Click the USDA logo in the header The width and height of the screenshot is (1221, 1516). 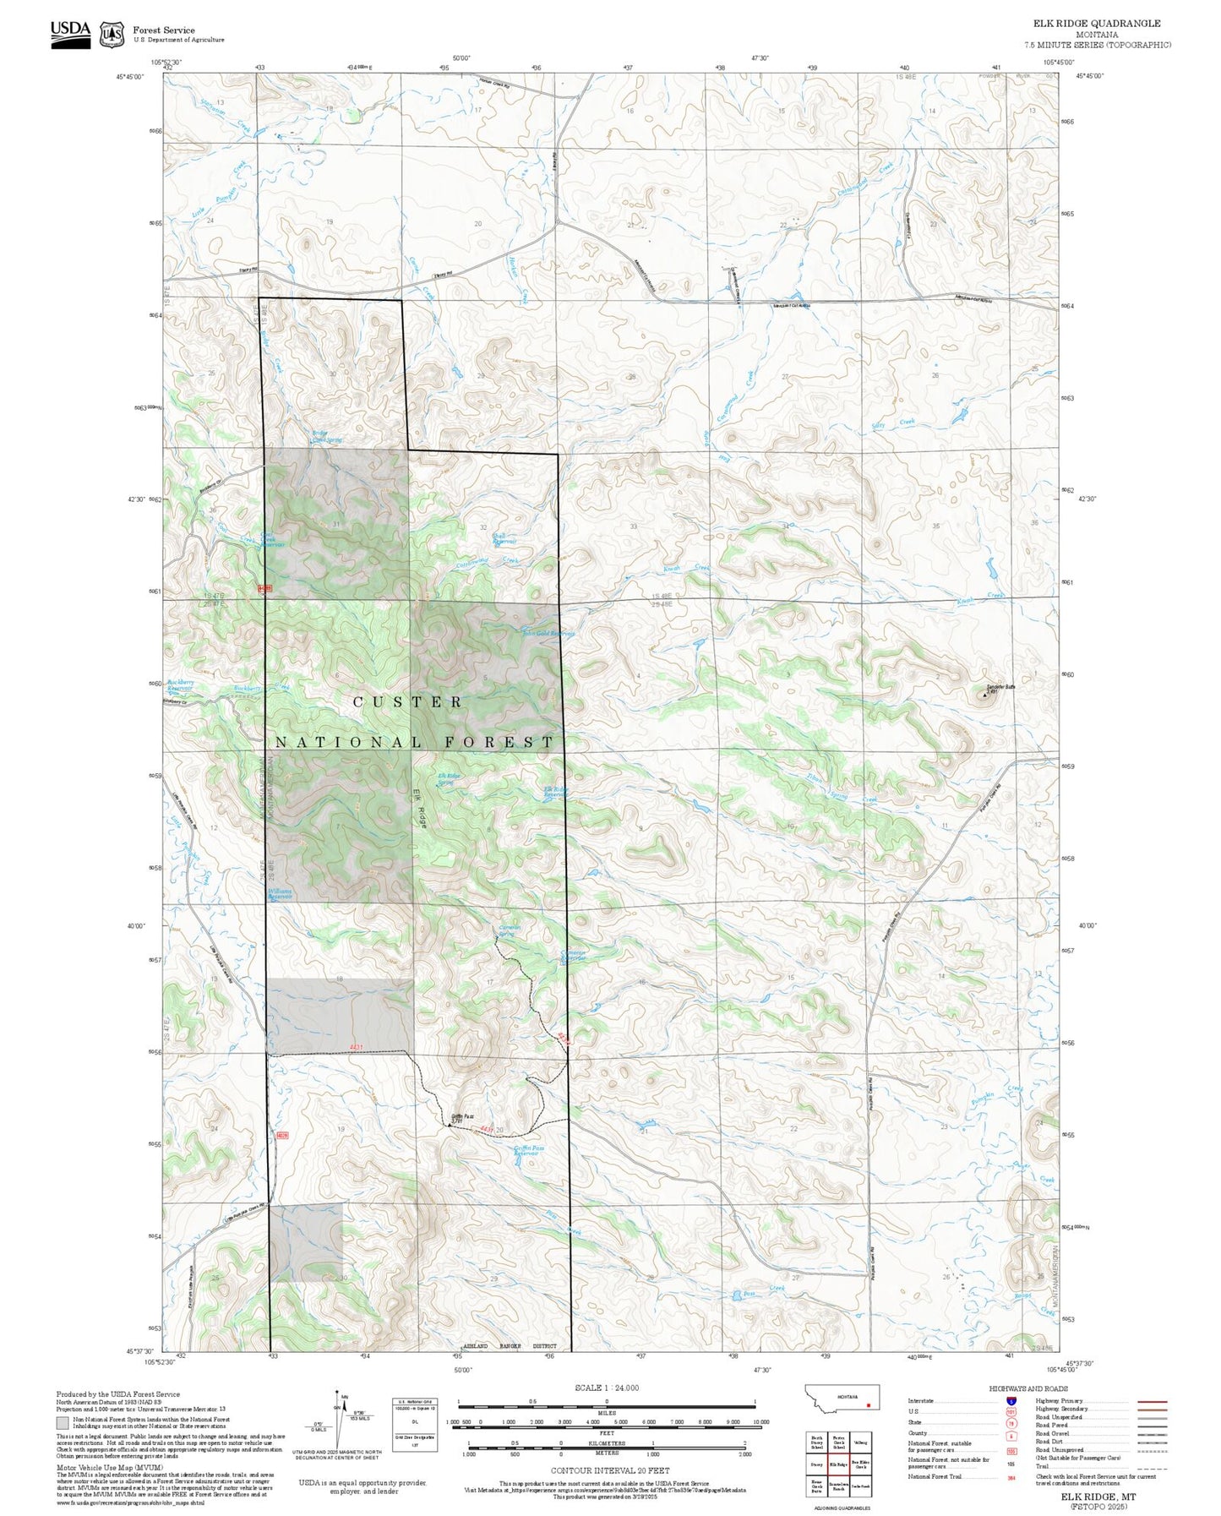click(x=70, y=31)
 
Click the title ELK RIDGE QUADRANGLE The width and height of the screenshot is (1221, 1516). click(x=1097, y=24)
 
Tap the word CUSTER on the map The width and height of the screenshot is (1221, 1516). click(x=408, y=701)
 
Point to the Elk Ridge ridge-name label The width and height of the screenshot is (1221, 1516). click(x=417, y=807)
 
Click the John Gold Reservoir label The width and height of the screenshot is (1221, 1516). click(x=549, y=633)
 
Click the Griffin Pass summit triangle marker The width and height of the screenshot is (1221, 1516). click(x=450, y=1124)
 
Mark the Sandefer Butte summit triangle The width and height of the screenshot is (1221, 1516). click(x=984, y=695)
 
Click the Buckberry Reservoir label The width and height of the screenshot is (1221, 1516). click(x=180, y=684)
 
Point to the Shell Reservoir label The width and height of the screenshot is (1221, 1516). click(x=503, y=538)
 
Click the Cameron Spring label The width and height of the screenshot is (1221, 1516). click(x=509, y=930)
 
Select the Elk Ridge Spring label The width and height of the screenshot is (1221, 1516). click(x=448, y=778)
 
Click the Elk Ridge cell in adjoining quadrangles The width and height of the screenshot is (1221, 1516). click(x=837, y=1464)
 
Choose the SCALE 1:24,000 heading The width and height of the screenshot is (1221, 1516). click(x=607, y=1388)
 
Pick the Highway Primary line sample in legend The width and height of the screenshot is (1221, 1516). click(x=1153, y=1401)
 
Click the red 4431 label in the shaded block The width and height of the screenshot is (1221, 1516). click(x=355, y=1048)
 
